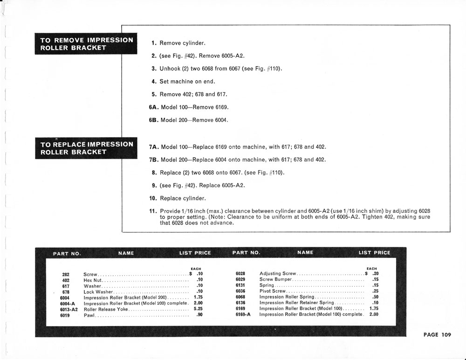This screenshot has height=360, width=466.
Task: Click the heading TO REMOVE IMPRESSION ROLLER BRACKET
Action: [87, 44]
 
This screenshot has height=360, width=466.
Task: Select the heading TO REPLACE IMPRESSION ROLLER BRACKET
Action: [87, 148]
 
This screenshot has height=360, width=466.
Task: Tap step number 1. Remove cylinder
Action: [154, 43]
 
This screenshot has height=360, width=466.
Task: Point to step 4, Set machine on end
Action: [154, 82]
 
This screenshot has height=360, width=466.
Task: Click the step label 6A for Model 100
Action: [154, 107]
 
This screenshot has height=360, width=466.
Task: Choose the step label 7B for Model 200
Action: [154, 160]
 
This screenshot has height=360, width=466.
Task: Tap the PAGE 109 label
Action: [437, 334]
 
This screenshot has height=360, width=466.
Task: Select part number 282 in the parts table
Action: [66, 274]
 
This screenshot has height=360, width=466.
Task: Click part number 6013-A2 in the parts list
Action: [69, 309]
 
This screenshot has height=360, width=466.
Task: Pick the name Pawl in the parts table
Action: [89, 315]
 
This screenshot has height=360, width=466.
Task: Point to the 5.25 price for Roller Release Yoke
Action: [198, 309]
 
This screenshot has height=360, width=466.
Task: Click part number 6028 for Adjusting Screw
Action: [240, 273]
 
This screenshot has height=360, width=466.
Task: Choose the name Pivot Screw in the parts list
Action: [272, 291]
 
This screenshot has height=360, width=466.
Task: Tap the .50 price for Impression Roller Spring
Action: [375, 297]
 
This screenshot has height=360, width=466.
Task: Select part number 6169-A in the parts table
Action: [243, 314]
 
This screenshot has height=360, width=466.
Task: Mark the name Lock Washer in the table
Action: [98, 292]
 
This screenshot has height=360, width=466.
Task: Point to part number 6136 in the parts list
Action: [240, 303]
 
